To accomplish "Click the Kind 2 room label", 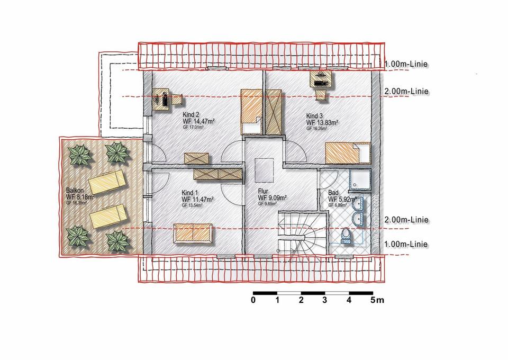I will [x=191, y=115].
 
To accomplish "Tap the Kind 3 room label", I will [x=314, y=116].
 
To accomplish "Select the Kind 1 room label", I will [x=190, y=193].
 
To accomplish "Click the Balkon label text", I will [x=75, y=190].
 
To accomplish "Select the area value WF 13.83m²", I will [x=322, y=122].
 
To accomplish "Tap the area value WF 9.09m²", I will [x=272, y=198].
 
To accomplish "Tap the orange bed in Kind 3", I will [x=347, y=153].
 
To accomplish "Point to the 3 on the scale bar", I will [x=324, y=301].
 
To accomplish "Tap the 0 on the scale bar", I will [x=253, y=301].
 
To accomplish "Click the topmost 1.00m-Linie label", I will [x=406, y=65].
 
